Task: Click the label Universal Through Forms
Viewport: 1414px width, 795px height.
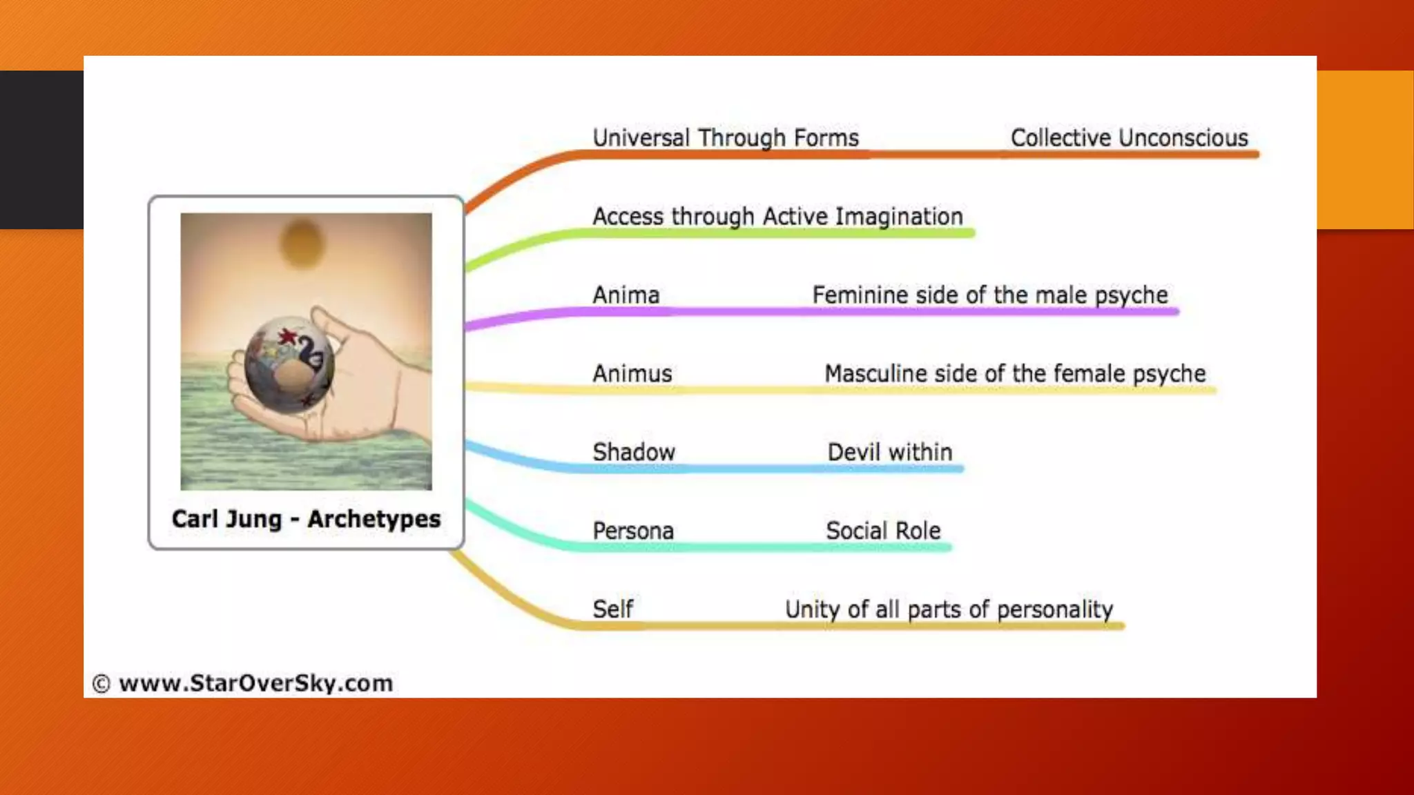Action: point(726,138)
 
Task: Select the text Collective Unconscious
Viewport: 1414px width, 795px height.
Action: point(1129,138)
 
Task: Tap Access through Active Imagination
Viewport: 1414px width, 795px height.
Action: point(777,217)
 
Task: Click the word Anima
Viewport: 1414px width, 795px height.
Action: point(626,295)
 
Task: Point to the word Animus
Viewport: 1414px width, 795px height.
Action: point(632,374)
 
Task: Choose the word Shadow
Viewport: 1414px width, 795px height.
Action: point(633,453)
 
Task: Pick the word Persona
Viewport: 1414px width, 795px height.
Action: point(632,531)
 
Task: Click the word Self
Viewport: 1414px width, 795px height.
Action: point(612,609)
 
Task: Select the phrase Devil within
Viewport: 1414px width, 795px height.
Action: point(889,453)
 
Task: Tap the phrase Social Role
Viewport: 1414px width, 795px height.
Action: point(883,531)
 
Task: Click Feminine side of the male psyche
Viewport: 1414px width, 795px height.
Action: point(989,295)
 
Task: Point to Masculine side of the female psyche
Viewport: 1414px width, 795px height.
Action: point(1014,374)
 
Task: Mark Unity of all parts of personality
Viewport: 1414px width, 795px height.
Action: point(949,609)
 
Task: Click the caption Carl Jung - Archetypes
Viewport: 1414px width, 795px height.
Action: point(306,519)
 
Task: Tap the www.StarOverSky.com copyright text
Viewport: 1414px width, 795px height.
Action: point(242,683)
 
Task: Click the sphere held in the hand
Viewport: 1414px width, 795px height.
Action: point(289,364)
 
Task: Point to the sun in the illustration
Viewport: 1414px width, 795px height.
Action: point(302,243)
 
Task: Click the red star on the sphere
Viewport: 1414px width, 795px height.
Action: point(287,337)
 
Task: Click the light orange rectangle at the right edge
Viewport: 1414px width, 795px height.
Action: point(1365,149)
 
